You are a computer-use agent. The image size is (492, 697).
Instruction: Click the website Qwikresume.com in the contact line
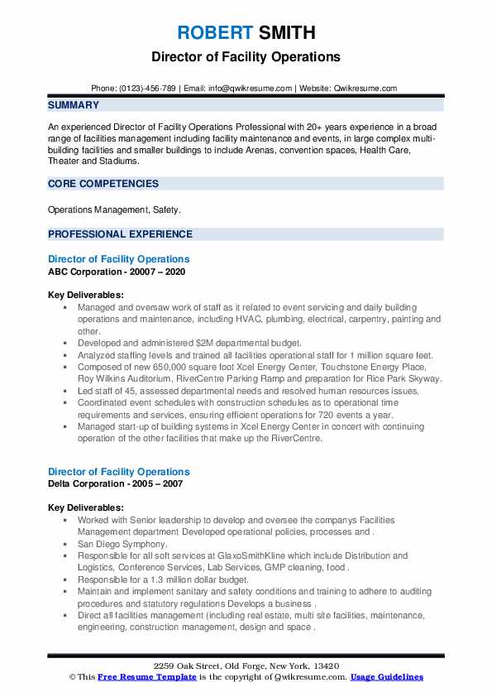(x=365, y=88)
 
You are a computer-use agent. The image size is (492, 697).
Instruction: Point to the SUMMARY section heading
(x=74, y=105)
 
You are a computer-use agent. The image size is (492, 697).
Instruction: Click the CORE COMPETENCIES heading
(x=103, y=184)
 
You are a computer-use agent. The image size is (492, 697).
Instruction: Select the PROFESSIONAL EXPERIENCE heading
(x=120, y=234)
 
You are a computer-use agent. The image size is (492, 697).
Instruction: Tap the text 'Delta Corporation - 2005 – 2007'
(x=116, y=483)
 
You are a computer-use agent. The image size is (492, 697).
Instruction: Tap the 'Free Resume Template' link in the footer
(x=137, y=677)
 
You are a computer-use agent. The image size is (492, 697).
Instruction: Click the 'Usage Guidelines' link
(x=386, y=677)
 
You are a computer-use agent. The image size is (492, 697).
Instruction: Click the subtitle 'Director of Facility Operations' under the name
(x=246, y=57)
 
